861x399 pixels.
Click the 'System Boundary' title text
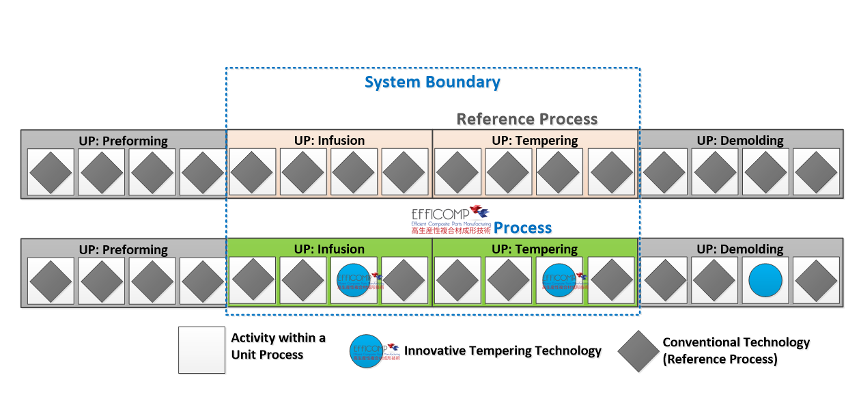pos(432,83)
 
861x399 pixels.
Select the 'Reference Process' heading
pos(526,119)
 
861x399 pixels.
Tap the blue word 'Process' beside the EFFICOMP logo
pos(522,228)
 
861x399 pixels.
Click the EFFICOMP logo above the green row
pos(450,221)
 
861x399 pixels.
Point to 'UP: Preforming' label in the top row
pos(123,141)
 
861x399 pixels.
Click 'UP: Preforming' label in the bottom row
pos(123,249)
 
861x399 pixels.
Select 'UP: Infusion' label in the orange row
pos(329,141)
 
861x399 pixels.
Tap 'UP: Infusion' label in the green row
pos(329,249)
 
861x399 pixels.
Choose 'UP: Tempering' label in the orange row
pos(535,141)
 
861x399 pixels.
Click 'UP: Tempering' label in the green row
pos(535,249)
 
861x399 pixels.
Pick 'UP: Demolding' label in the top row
pos(740,141)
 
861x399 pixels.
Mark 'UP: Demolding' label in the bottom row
pos(740,249)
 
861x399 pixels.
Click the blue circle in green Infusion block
pos(354,281)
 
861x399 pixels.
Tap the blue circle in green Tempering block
pos(559,281)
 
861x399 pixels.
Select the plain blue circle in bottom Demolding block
pos(765,281)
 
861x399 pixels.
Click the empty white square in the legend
pos(201,350)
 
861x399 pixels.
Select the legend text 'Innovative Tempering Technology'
pos(503,351)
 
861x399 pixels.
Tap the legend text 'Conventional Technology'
pos(736,343)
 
